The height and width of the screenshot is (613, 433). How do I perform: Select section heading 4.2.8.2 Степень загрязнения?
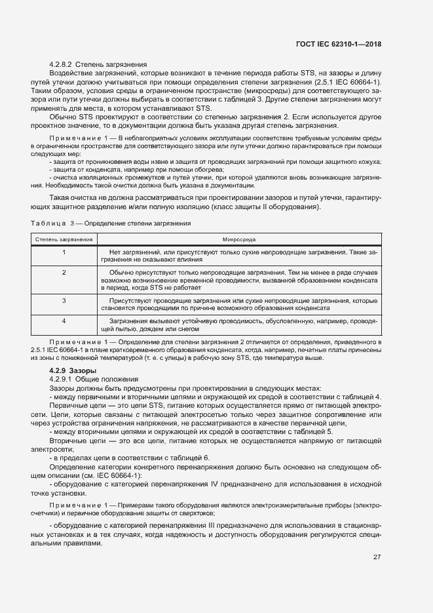click(98, 64)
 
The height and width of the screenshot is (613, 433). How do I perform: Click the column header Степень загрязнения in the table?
click(64, 239)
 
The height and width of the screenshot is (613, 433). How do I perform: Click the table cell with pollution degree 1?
click(64, 251)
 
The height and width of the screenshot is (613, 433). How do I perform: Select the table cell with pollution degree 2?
click(64, 271)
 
